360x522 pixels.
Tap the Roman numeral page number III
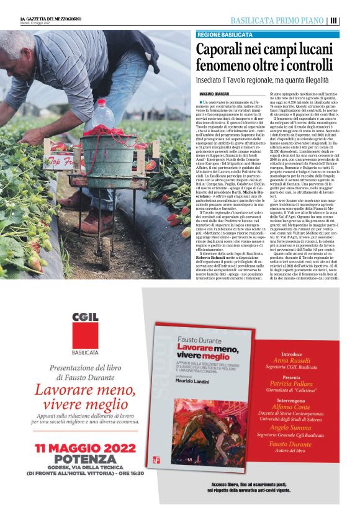(x=334, y=20)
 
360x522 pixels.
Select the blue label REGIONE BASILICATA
(x=224, y=35)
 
